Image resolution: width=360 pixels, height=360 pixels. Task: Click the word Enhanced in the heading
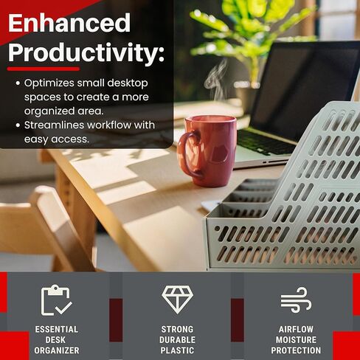click(x=69, y=23)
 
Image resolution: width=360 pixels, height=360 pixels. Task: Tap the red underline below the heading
click(x=44, y=69)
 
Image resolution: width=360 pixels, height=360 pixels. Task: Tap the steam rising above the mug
click(x=216, y=79)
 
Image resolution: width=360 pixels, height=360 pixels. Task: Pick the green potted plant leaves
click(x=251, y=32)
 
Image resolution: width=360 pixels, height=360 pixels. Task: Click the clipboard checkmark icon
click(x=57, y=300)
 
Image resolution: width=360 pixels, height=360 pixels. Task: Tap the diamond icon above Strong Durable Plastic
click(x=178, y=300)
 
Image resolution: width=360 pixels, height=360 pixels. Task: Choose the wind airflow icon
click(x=296, y=300)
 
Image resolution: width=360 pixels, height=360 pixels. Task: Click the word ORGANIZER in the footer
click(x=57, y=350)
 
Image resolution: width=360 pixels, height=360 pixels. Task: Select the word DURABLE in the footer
click(x=177, y=340)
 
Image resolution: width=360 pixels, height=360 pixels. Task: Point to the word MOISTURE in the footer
click(x=296, y=340)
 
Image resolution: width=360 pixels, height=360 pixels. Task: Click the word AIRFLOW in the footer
click(x=296, y=329)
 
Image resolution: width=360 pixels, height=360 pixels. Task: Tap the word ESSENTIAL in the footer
click(x=57, y=329)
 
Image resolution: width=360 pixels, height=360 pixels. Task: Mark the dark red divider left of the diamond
click(x=116, y=320)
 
